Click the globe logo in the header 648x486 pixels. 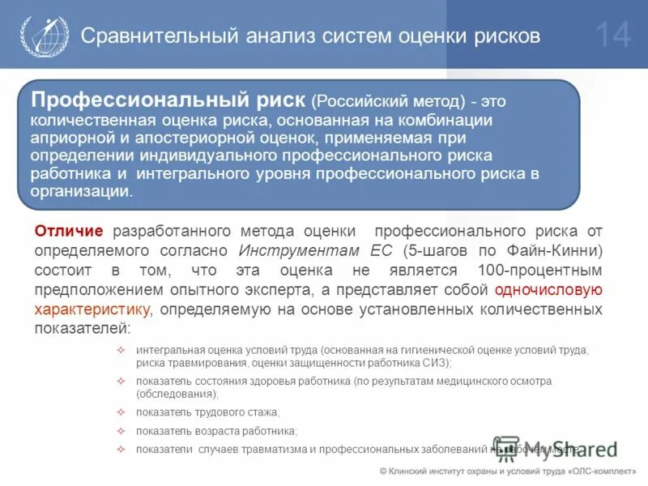point(39,36)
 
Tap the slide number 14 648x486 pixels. point(612,36)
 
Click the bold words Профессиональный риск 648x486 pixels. point(168,100)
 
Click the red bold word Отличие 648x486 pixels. point(69,232)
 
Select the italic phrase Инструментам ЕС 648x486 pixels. point(304,250)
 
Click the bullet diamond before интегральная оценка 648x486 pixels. point(122,350)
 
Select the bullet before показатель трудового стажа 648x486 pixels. point(122,412)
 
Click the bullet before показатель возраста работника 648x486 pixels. point(122,431)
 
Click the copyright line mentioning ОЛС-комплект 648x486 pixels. point(508,471)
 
